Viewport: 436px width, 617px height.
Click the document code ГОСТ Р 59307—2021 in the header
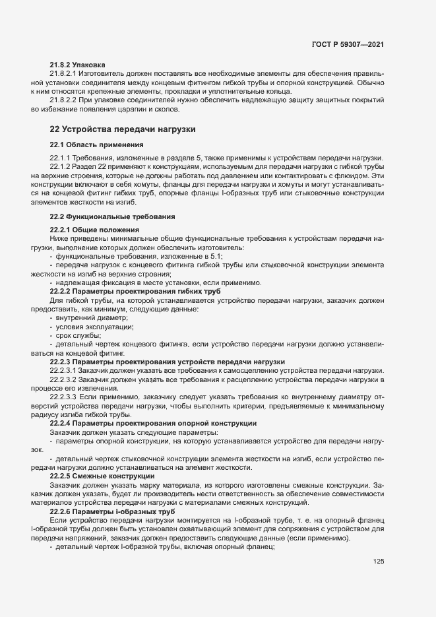pos(348,44)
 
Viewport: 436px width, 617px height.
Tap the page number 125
pos(378,562)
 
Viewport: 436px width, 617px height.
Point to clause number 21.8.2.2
pos(64,100)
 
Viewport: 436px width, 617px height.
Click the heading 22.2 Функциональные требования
pos(111,216)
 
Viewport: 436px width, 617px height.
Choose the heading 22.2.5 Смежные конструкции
pos(102,476)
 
